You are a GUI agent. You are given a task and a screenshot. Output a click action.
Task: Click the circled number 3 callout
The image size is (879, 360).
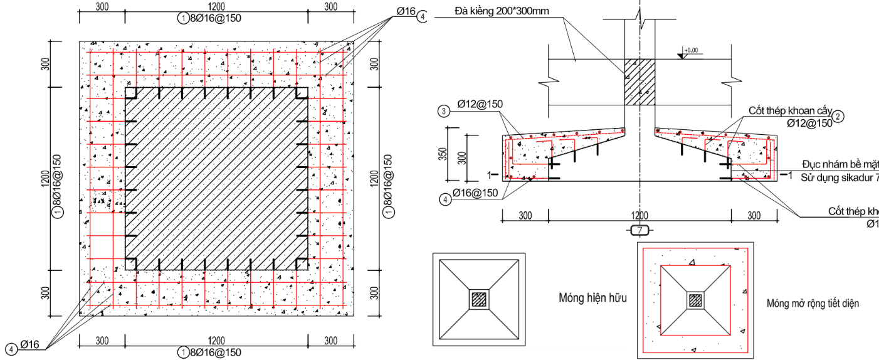[444, 112]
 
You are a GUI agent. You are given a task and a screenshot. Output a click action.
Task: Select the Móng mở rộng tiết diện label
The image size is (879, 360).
[813, 304]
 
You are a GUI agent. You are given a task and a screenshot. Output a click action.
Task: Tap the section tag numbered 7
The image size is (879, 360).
[640, 230]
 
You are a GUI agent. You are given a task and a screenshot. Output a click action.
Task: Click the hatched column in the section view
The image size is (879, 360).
[639, 82]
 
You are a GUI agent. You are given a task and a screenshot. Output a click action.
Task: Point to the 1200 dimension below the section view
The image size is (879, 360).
[640, 216]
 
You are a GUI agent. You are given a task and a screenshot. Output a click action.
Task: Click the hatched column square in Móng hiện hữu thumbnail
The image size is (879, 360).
[480, 300]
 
